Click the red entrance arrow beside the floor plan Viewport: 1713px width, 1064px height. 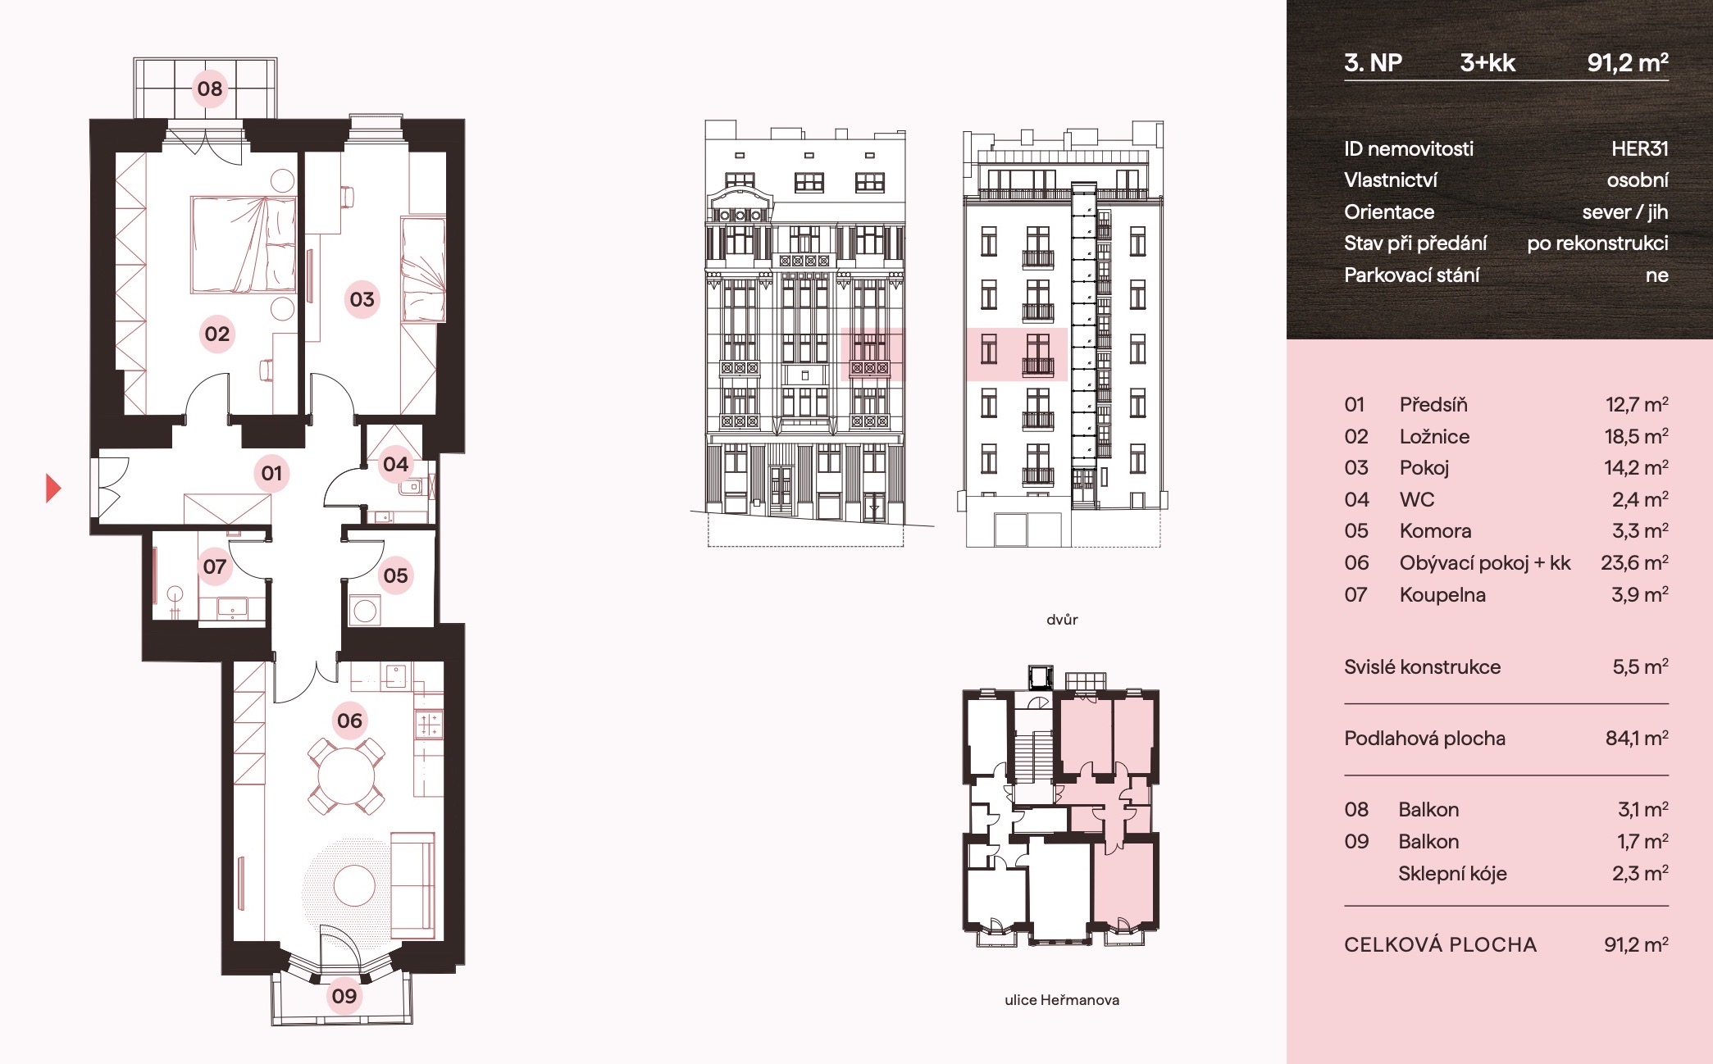[x=52, y=488]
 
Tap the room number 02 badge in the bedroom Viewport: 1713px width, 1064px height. [x=217, y=334]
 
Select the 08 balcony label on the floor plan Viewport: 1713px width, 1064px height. [x=210, y=89]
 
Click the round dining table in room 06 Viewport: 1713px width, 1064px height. [x=345, y=775]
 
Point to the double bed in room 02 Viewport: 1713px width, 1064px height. [x=243, y=244]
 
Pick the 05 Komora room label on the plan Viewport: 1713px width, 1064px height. [x=395, y=575]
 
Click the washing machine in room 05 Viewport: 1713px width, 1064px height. [x=365, y=611]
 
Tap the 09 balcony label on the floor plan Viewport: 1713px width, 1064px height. [x=344, y=996]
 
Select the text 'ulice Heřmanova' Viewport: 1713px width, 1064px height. [x=1062, y=1000]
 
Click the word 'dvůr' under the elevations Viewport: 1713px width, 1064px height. [x=1062, y=620]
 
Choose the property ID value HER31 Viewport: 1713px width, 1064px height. [x=1639, y=148]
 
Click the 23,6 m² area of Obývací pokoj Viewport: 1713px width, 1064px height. [x=1634, y=562]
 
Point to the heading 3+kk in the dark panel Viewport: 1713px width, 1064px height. [x=1487, y=62]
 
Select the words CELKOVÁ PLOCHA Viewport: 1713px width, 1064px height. [x=1440, y=944]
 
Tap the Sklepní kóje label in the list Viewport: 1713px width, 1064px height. [x=1452, y=874]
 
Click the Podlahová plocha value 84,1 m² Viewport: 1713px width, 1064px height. [x=1637, y=739]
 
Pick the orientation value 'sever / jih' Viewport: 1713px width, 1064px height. [x=1625, y=211]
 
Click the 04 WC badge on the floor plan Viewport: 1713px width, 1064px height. [x=395, y=465]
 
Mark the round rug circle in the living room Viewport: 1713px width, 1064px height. [x=354, y=885]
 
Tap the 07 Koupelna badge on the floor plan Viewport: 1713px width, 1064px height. [x=215, y=566]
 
